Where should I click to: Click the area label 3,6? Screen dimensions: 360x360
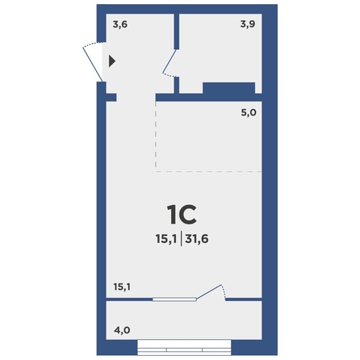tap(120, 25)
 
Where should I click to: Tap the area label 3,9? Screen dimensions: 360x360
tap(248, 24)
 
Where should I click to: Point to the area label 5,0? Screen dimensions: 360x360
tap(249, 112)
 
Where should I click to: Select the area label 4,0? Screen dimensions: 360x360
tap(122, 330)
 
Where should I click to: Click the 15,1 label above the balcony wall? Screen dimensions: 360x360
tap(122, 287)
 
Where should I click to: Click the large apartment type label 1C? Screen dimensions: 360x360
tap(182, 215)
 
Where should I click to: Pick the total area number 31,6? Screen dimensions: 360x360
tap(197, 239)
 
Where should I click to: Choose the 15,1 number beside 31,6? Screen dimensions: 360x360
tap(166, 239)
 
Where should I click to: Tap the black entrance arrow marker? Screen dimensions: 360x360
tap(112, 61)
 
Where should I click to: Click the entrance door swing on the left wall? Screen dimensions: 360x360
tap(93, 64)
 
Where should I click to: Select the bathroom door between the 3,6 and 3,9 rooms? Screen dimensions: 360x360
tap(169, 64)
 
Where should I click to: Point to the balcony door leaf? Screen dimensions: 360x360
tap(209, 291)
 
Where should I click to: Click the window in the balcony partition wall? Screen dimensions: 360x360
tap(174, 299)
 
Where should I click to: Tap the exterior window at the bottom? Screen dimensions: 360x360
tap(184, 347)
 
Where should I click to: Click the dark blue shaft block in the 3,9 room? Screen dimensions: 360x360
tap(228, 88)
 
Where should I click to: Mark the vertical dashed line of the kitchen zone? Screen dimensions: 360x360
tap(156, 136)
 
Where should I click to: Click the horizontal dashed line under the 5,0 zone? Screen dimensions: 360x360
tap(209, 171)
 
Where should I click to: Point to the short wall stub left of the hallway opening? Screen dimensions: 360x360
tap(111, 98)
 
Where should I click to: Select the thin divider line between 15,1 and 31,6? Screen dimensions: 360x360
tap(181, 238)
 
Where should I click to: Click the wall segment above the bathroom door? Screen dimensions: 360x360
tap(177, 31)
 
